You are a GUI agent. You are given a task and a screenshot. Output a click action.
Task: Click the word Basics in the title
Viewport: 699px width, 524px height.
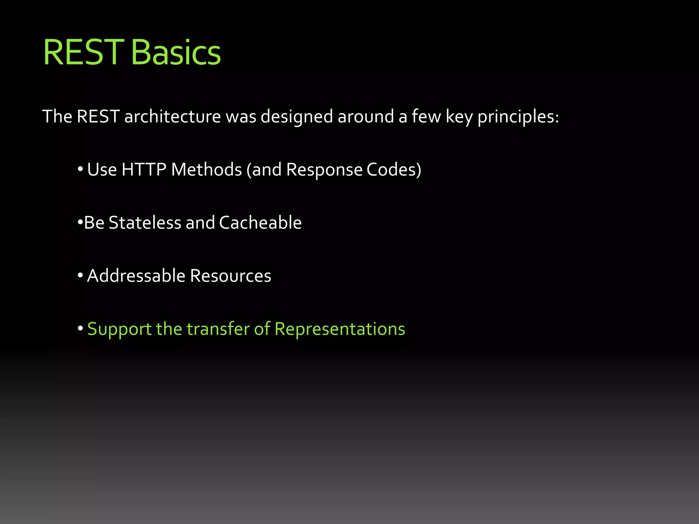pyautogui.click(x=176, y=53)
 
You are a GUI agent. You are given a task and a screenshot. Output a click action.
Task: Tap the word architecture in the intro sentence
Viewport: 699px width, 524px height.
pyautogui.click(x=173, y=117)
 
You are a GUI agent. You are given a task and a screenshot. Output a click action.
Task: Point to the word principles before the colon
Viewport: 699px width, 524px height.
pyautogui.click(x=516, y=117)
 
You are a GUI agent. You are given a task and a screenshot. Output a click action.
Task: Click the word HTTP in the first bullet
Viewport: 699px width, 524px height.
pyautogui.click(x=144, y=170)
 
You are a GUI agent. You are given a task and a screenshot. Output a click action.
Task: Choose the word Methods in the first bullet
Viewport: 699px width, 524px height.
pyautogui.click(x=206, y=170)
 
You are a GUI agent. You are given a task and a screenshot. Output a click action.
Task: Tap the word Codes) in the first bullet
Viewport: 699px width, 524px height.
pyautogui.click(x=394, y=170)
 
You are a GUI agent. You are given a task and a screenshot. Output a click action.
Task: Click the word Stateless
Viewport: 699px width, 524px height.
pyautogui.click(x=145, y=223)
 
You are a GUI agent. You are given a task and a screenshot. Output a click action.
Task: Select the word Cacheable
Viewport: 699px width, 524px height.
pyautogui.click(x=260, y=223)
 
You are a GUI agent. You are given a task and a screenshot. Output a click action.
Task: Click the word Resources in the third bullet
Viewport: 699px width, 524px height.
pyautogui.click(x=230, y=276)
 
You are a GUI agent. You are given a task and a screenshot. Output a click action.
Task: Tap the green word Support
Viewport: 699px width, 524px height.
pyautogui.click(x=119, y=329)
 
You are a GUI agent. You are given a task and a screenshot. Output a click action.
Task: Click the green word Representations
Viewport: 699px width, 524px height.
pyautogui.click(x=340, y=329)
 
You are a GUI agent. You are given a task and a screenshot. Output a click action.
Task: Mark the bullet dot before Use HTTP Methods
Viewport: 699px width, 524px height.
pyautogui.click(x=80, y=169)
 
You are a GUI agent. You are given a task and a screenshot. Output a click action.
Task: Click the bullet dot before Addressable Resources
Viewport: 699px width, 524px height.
pyautogui.click(x=80, y=275)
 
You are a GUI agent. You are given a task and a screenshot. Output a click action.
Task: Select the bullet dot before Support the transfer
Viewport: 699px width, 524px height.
pyautogui.click(x=80, y=329)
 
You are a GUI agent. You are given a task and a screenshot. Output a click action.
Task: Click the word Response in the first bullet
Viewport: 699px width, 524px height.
pyautogui.click(x=324, y=170)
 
